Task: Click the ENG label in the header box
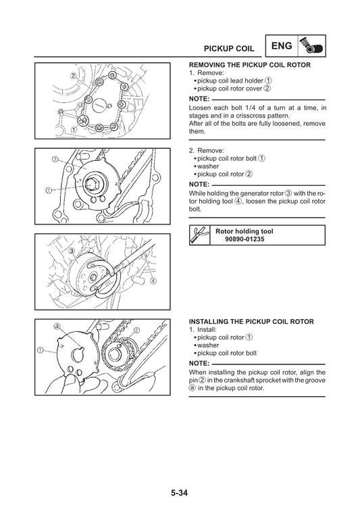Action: pos(282,46)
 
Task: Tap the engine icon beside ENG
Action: pos(311,46)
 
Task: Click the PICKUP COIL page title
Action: pos(229,49)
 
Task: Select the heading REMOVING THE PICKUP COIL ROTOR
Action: pos(250,65)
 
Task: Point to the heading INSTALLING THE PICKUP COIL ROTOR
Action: pos(251,322)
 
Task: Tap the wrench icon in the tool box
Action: pos(199,235)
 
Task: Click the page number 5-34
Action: pos(180,493)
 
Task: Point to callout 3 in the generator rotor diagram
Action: pos(72,251)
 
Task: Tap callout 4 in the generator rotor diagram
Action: pos(153,281)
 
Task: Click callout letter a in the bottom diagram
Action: pos(57,326)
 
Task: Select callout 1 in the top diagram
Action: pos(74,130)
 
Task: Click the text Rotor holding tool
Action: pos(245,231)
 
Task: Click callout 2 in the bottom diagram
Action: pos(137,330)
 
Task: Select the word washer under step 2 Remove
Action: pos(208,166)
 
